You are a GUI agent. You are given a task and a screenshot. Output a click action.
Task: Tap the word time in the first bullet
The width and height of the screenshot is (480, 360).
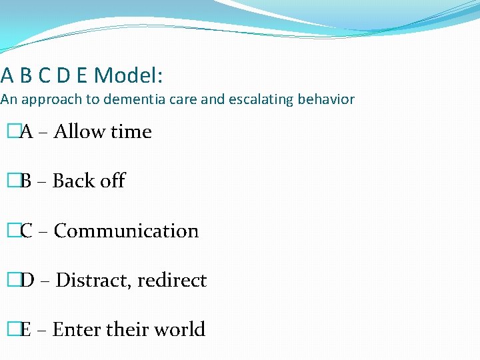[x=131, y=132]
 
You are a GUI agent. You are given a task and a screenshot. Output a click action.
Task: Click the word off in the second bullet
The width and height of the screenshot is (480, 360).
[x=111, y=181]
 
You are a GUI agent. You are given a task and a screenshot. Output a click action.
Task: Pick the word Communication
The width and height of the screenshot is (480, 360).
[x=126, y=231]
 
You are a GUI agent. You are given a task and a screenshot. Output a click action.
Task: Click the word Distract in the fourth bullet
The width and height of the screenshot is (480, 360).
[x=93, y=280]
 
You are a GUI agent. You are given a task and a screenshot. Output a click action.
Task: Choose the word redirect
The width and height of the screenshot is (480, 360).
[x=172, y=280]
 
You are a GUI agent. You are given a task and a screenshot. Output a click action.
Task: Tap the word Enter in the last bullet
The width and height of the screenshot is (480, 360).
[x=76, y=329]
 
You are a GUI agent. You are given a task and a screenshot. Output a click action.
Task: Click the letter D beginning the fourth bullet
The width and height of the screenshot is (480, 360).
[x=27, y=280]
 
